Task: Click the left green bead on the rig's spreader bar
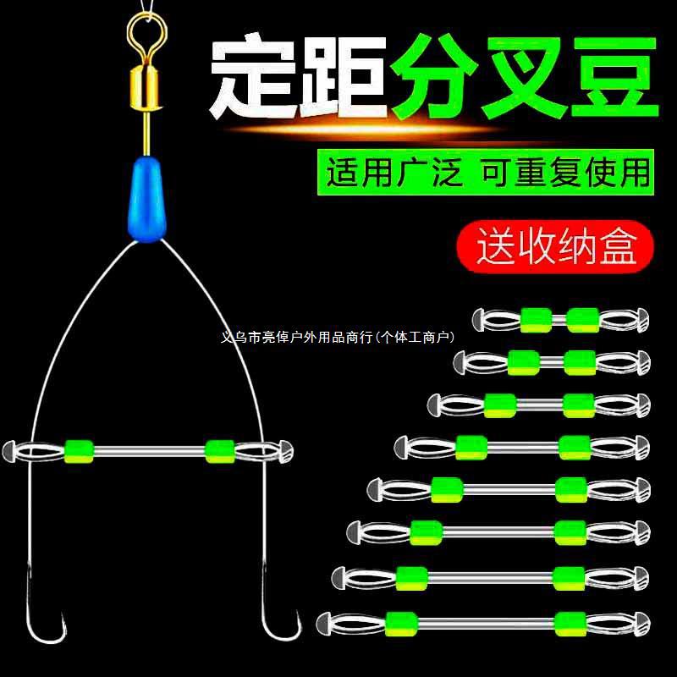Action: coord(78,450)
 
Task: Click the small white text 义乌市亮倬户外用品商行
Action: coord(322,337)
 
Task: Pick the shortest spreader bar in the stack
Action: coord(560,319)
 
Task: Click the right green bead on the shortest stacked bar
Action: coord(583,319)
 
